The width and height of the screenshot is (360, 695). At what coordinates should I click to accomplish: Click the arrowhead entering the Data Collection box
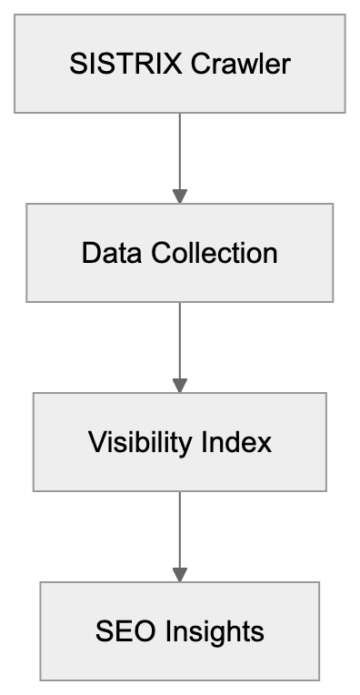coord(180,196)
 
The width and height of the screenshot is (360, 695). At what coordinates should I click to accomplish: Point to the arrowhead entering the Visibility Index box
coord(180,386)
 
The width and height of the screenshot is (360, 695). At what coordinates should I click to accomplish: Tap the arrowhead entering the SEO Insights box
coord(180,575)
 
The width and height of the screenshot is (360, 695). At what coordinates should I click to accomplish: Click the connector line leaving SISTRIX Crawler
coord(180,150)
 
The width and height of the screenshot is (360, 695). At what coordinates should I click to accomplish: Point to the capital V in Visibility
coord(95,442)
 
